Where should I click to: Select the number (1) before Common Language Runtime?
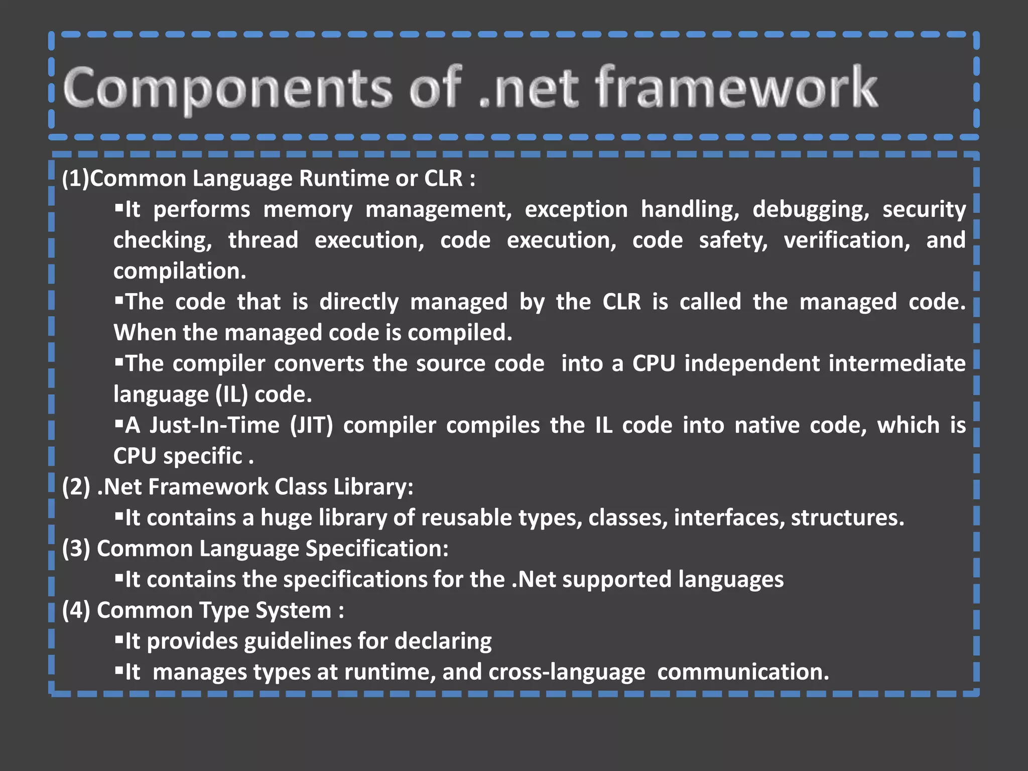click(75, 179)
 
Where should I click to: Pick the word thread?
click(263, 240)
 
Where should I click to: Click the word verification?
click(847, 240)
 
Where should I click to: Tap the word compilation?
click(180, 272)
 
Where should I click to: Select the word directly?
click(359, 302)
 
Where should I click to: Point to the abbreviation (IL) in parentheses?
click(231, 395)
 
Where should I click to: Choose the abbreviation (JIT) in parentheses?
click(311, 426)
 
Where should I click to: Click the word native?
click(766, 426)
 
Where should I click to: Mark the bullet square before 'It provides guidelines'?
click(119, 639)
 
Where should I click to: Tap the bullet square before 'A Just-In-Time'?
click(119, 424)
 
